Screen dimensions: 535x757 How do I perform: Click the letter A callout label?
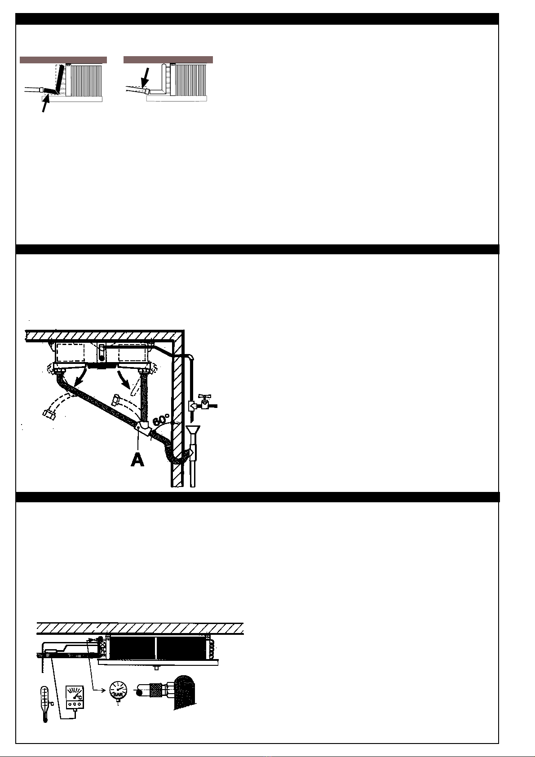137,459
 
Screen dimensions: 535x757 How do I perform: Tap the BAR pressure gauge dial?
118,689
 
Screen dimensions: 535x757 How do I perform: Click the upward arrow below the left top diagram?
45,104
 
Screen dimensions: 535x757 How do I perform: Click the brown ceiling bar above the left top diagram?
63,60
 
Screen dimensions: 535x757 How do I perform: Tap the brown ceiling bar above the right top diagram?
168,60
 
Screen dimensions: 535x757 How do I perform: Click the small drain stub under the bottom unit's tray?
156,668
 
